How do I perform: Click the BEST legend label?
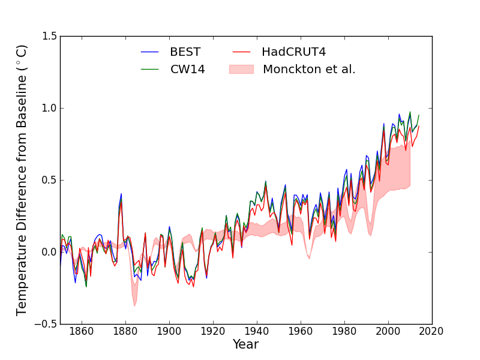coord(185,52)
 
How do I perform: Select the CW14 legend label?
coord(187,69)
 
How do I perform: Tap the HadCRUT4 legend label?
coord(293,52)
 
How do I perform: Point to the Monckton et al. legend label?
coord(308,69)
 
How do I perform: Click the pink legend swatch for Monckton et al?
coord(241,69)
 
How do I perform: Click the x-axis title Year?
coord(245,344)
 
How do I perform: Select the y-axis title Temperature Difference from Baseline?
coord(22,180)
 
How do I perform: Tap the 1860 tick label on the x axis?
coord(81,331)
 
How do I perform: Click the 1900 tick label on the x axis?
coord(169,331)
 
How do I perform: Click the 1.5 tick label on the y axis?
coord(50,37)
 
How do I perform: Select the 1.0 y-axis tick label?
coord(50,109)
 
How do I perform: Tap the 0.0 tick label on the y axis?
coord(50,252)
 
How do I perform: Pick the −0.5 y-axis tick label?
coord(47,324)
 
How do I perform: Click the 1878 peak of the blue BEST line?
coord(121,194)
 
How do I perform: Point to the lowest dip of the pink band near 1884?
coord(134,305)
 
